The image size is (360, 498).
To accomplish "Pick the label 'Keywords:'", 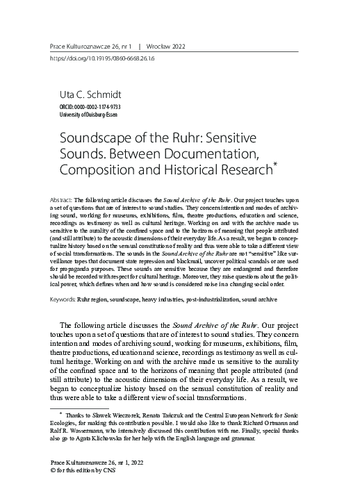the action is (x=66, y=282).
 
